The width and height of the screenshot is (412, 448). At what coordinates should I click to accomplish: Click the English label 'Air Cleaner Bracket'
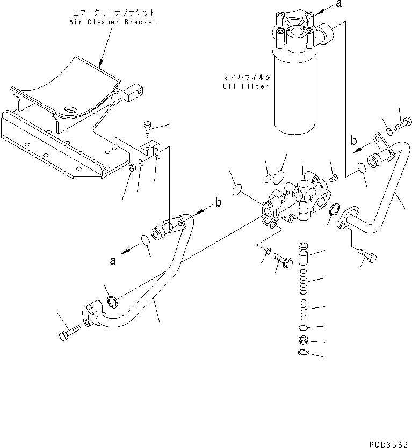(112, 22)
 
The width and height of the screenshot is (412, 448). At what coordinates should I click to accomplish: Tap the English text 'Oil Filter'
(245, 86)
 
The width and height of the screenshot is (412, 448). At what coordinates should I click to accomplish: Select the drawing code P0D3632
(388, 444)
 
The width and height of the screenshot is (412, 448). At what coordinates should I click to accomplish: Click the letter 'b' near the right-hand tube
(353, 141)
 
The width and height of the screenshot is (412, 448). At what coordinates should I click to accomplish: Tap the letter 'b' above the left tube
(218, 202)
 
